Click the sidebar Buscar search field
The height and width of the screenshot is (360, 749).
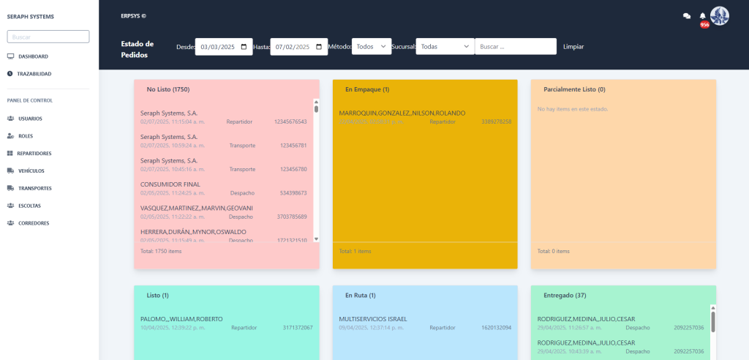point(48,37)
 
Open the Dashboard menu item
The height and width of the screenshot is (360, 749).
point(33,56)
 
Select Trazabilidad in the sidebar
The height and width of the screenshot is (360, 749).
point(34,74)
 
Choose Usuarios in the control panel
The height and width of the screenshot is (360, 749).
point(30,119)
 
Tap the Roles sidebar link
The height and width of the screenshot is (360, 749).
point(26,136)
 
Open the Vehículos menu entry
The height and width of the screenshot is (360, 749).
point(31,170)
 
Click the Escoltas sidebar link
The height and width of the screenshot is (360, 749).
point(29,206)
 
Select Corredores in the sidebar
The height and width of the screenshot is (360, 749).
point(34,223)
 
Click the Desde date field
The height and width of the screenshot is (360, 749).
point(225,47)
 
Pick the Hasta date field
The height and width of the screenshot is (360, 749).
point(299,47)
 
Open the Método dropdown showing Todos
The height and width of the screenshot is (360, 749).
point(372,47)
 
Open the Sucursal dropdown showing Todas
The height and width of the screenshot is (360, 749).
point(445,47)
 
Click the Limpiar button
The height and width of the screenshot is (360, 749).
point(573,47)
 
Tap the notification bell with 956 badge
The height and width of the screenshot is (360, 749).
point(703,16)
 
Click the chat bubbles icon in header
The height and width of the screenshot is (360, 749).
point(687,15)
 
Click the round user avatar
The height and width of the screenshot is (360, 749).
point(720,15)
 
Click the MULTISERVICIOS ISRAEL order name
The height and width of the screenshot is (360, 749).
point(373,319)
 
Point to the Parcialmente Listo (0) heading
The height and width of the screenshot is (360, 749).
point(574,89)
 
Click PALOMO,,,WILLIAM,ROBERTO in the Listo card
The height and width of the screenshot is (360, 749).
point(181,319)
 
